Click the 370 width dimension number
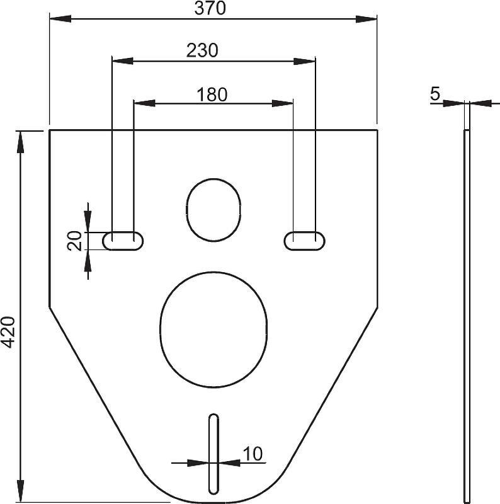coord(210,8)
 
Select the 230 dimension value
coord(202,50)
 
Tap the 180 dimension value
coord(212,94)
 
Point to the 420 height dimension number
coord(8,332)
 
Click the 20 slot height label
coord(74,241)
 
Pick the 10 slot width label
coord(253,454)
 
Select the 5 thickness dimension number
coord(435,94)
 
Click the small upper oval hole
coord(213,210)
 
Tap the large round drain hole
coord(213,329)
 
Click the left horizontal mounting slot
coord(123,241)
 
